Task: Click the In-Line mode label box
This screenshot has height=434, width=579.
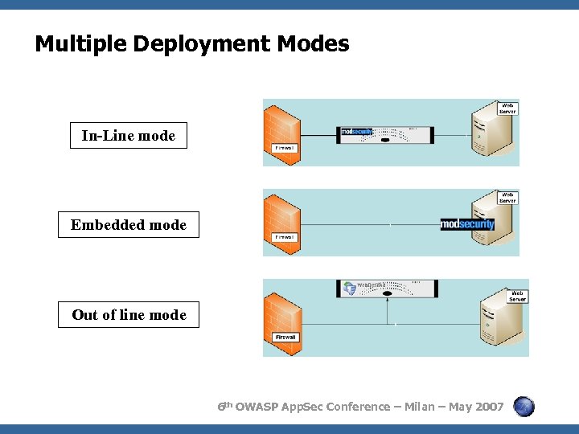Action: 128,136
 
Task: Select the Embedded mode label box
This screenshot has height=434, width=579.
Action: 128,225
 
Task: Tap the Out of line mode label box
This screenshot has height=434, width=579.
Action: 129,315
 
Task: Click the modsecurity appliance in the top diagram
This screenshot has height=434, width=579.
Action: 387,134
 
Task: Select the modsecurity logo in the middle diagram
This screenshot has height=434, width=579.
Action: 467,224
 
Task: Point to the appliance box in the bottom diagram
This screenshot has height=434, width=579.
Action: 387,288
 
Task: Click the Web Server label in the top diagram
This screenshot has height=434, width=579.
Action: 507,108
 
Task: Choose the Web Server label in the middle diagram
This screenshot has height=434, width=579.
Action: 507,197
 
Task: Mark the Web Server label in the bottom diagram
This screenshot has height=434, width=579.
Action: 517,296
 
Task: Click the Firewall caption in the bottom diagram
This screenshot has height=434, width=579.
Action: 285,337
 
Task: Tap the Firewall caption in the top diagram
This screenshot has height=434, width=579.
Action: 285,148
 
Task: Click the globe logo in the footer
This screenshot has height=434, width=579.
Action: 524,407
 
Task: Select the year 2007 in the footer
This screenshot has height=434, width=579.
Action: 490,407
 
